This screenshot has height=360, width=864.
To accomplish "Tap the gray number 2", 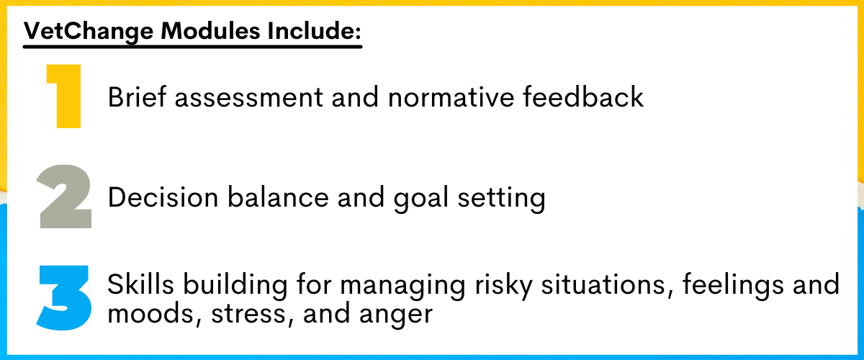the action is tap(64, 197).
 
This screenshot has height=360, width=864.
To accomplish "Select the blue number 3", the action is tap(64, 298).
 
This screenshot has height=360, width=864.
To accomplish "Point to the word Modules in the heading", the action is tap(210, 30).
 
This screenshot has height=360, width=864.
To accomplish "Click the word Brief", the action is tap(137, 96).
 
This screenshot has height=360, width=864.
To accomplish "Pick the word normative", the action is tap(451, 98).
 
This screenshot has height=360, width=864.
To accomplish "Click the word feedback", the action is tap(583, 96).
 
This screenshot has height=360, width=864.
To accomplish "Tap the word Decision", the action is tap(163, 197).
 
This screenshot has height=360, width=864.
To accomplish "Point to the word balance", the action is tap(278, 197).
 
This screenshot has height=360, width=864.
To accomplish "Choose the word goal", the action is tap(420, 199).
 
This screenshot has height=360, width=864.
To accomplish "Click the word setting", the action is tap(501, 199).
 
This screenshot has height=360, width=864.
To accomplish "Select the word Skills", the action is tap(140, 284).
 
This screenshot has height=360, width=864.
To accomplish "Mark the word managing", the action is tap(402, 287).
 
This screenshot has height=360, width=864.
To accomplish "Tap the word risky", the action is tap(503, 287).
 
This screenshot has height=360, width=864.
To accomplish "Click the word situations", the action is tap(607, 285).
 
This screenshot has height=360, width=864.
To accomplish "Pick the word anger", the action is tap(396, 316).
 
